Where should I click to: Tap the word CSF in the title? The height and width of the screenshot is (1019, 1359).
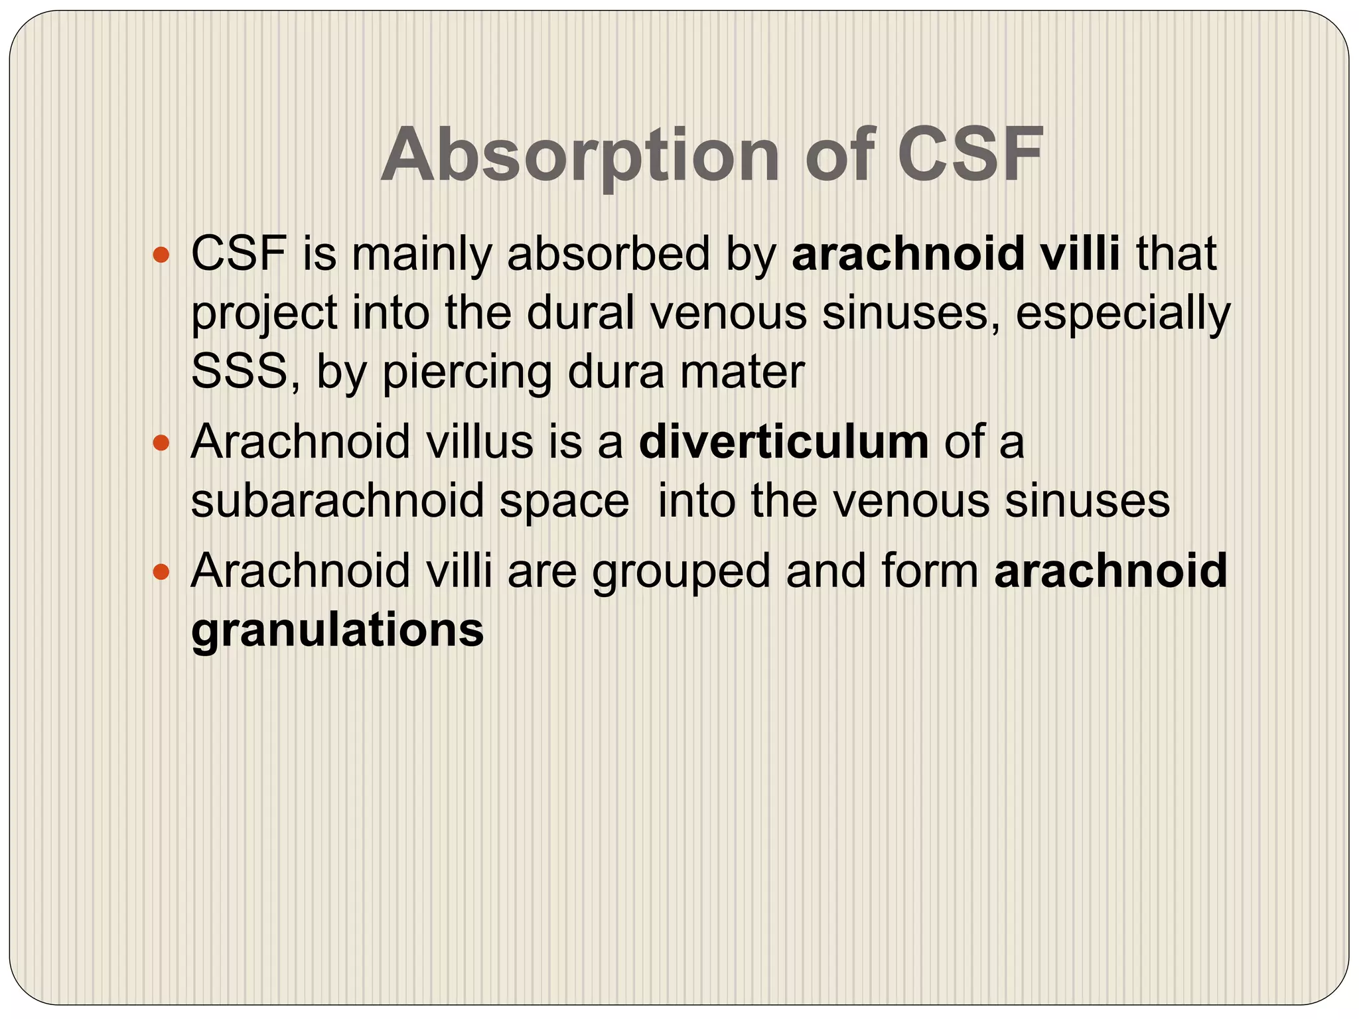pyautogui.click(x=970, y=155)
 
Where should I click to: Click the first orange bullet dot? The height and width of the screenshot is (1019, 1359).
pyautogui.click(x=161, y=254)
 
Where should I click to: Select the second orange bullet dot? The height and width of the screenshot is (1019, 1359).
pyautogui.click(x=161, y=442)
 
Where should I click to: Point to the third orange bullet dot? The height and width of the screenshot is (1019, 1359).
pyautogui.click(x=161, y=571)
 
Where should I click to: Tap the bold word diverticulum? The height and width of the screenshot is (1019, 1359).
pyautogui.click(x=784, y=442)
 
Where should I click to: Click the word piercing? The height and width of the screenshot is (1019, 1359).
pyautogui.click(x=467, y=372)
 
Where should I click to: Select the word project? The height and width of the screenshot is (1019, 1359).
pyautogui.click(x=264, y=314)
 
